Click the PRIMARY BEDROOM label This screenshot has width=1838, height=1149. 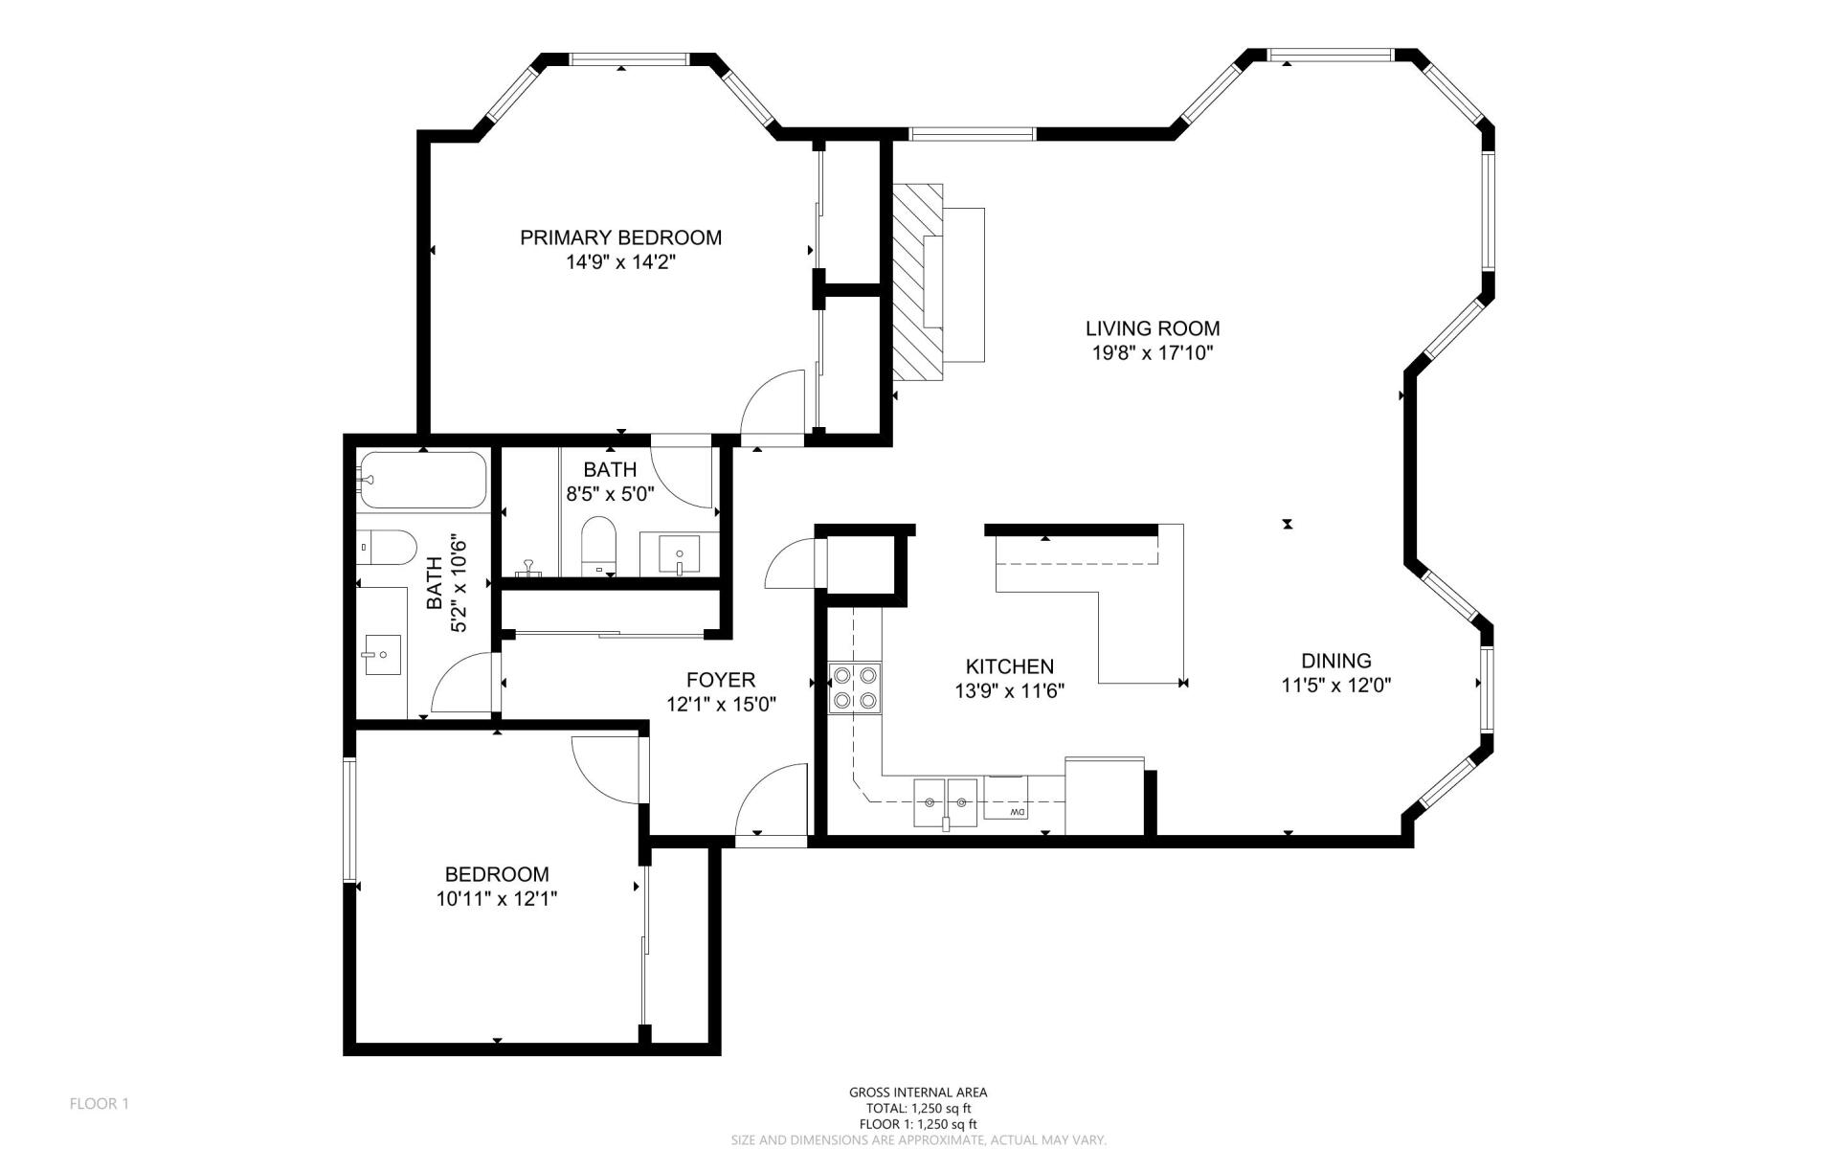coord(620,237)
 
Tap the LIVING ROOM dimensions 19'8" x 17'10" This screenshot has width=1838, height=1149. coord(1153,353)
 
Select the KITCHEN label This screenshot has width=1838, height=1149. coord(1009,666)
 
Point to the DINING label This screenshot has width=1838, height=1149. coord(1335,661)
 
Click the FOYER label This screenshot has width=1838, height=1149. coord(720,680)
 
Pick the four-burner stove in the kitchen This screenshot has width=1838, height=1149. coord(855,687)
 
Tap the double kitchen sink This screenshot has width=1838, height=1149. coord(945,801)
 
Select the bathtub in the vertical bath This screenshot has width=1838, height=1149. coord(423,480)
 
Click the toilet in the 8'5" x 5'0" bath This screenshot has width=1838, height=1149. coord(599,546)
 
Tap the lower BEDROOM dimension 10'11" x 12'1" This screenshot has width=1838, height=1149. coord(496,899)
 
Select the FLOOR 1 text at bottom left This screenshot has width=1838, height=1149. coord(99,1104)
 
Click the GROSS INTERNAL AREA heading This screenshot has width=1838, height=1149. coord(917,1093)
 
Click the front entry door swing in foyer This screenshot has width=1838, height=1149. coord(772,800)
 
